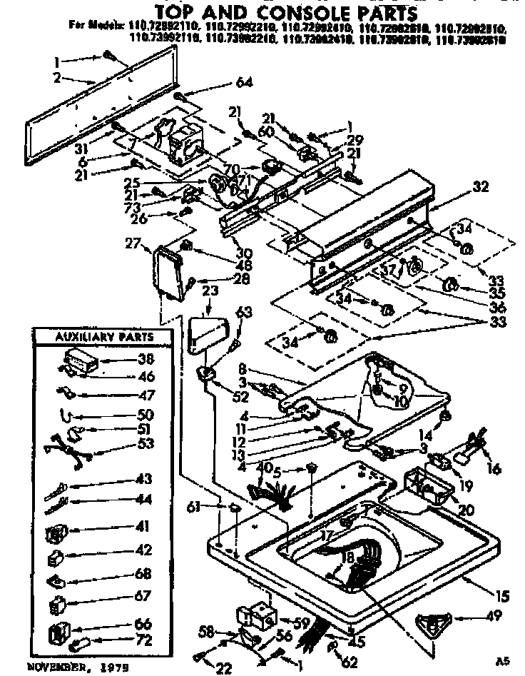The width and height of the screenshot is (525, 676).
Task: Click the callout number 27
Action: point(132,245)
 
